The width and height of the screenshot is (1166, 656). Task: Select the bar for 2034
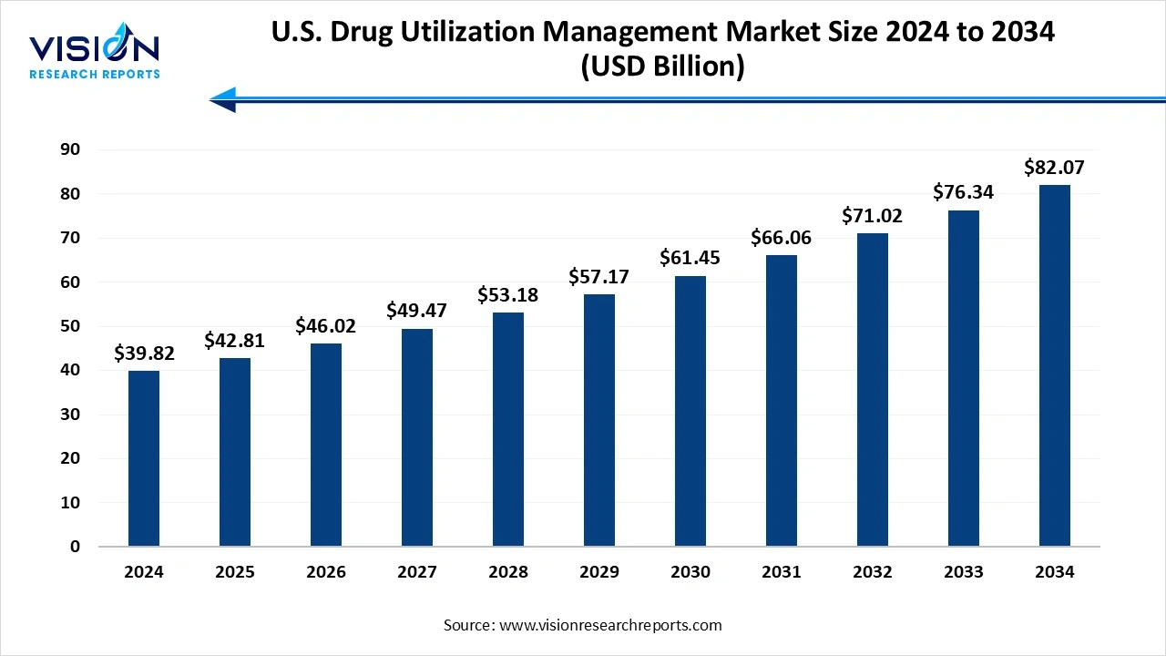tap(1055, 365)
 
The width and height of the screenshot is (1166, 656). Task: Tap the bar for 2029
tap(599, 420)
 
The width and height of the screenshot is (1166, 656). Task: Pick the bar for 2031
tap(782, 401)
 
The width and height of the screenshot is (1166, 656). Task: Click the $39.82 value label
tap(144, 354)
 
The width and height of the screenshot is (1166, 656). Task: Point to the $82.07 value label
tap(1054, 168)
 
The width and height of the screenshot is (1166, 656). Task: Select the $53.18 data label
tap(508, 295)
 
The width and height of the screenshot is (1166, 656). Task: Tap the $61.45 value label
tap(690, 259)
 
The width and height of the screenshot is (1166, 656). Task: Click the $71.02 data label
tap(873, 217)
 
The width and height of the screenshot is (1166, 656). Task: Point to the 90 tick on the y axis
tap(69, 149)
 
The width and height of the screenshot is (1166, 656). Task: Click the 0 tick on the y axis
tap(75, 547)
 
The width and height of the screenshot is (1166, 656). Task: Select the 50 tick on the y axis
tap(69, 326)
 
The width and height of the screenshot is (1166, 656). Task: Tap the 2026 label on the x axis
tap(326, 572)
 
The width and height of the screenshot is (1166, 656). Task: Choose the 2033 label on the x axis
tap(964, 572)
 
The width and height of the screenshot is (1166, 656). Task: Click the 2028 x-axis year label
tap(508, 572)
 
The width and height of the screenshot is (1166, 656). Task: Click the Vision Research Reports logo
tap(95, 55)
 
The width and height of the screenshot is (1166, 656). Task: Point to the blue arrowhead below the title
tap(223, 99)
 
